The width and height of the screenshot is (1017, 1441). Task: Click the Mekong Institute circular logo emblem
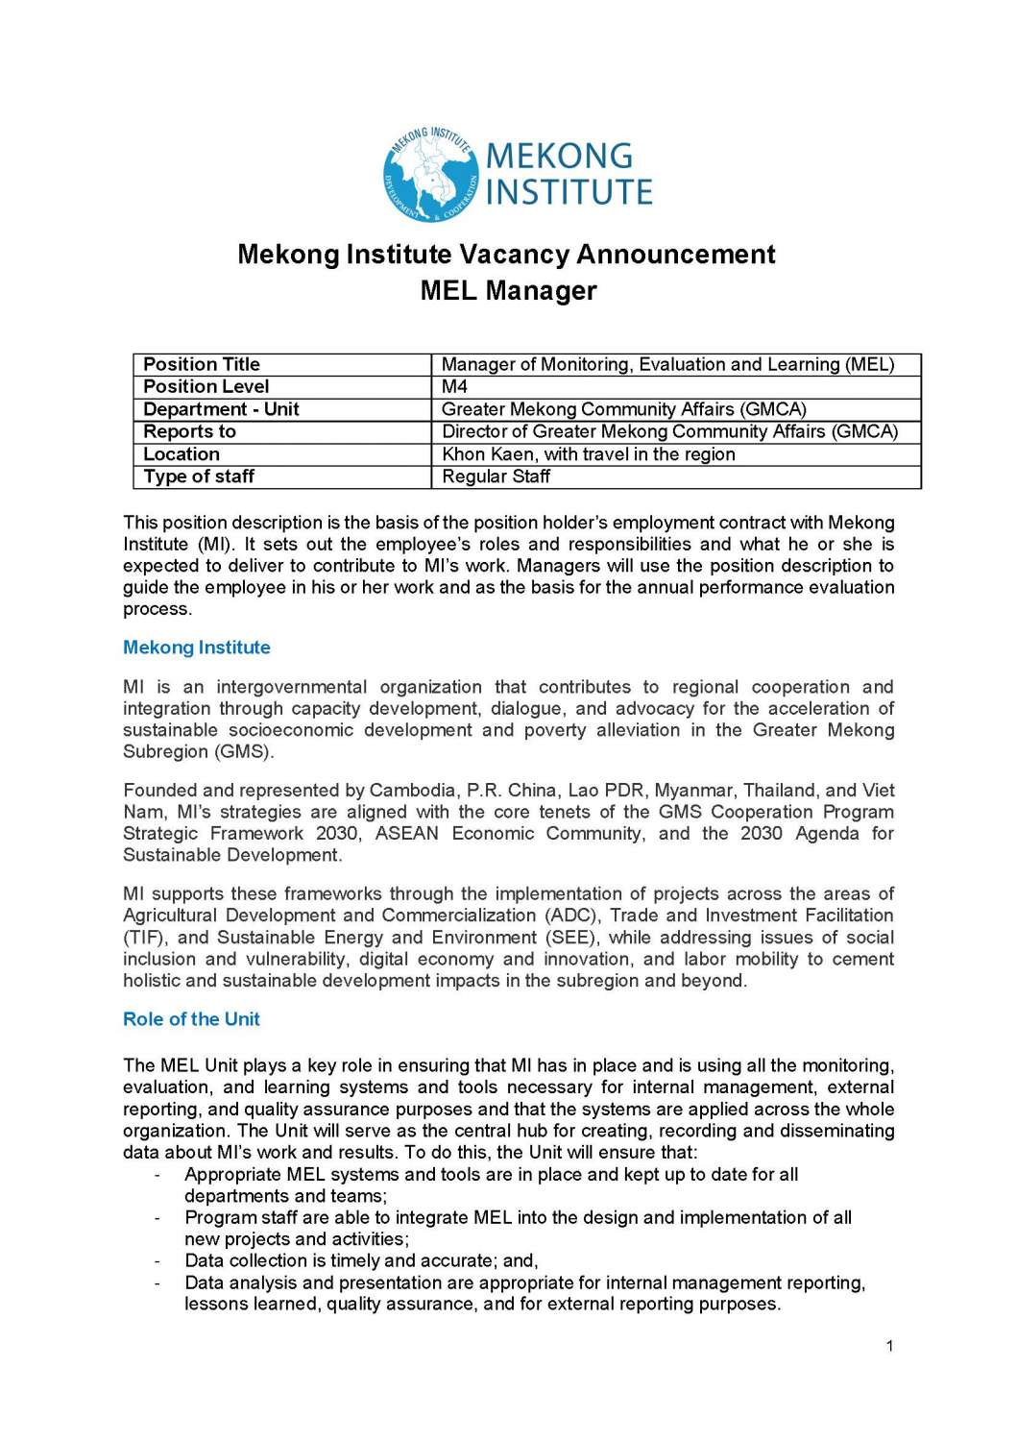pyautogui.click(x=430, y=174)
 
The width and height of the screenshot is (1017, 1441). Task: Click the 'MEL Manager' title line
pyautogui.click(x=508, y=290)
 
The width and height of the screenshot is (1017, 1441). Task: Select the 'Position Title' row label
pyautogui.click(x=202, y=364)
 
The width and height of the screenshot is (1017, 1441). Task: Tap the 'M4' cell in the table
pyautogui.click(x=454, y=386)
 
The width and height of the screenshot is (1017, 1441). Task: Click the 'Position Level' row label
pyautogui.click(x=206, y=386)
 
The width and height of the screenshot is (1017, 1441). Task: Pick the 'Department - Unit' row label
pyautogui.click(x=221, y=409)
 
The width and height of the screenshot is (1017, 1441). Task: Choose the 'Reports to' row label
pyautogui.click(x=189, y=431)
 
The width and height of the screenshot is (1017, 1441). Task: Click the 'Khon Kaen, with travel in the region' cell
pyautogui.click(x=588, y=454)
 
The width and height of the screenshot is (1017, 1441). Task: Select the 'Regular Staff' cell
pyautogui.click(x=496, y=476)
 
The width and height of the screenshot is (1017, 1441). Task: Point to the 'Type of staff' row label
pyautogui.click(x=199, y=476)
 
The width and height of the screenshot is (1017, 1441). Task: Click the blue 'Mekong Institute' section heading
pyautogui.click(x=197, y=647)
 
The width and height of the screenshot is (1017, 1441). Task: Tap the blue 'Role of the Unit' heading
pyautogui.click(x=191, y=1019)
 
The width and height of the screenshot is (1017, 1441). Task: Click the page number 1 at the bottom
pyautogui.click(x=889, y=1346)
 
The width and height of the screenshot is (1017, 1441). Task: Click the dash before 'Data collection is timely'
pyautogui.click(x=157, y=1261)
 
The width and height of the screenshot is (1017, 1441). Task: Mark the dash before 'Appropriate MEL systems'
pyautogui.click(x=157, y=1175)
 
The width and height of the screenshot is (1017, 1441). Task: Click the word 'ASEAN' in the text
pyautogui.click(x=406, y=834)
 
